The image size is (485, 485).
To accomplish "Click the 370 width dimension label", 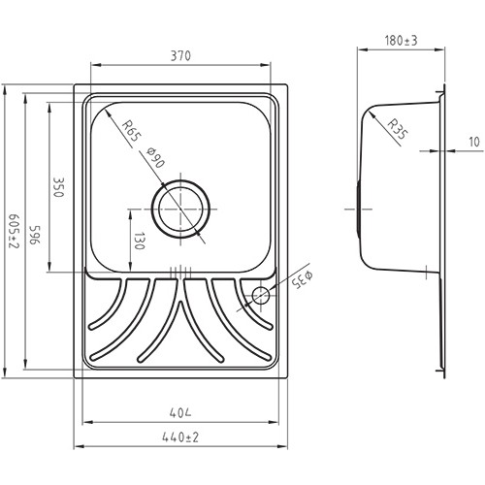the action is [x=180, y=56].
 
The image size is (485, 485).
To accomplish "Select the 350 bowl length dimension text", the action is [x=58, y=187].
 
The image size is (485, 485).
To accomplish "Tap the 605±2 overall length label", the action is [x=14, y=231].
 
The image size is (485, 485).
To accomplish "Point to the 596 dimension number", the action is [x=35, y=236].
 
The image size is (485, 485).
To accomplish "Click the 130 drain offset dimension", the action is [x=139, y=241].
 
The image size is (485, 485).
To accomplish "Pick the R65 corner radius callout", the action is [x=131, y=130].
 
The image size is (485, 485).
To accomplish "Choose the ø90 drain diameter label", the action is [x=155, y=157].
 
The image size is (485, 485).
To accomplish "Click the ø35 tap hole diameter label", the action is [x=303, y=279].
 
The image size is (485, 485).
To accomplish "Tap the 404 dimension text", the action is [x=180, y=413].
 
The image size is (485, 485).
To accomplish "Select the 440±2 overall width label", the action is [x=180, y=437].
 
